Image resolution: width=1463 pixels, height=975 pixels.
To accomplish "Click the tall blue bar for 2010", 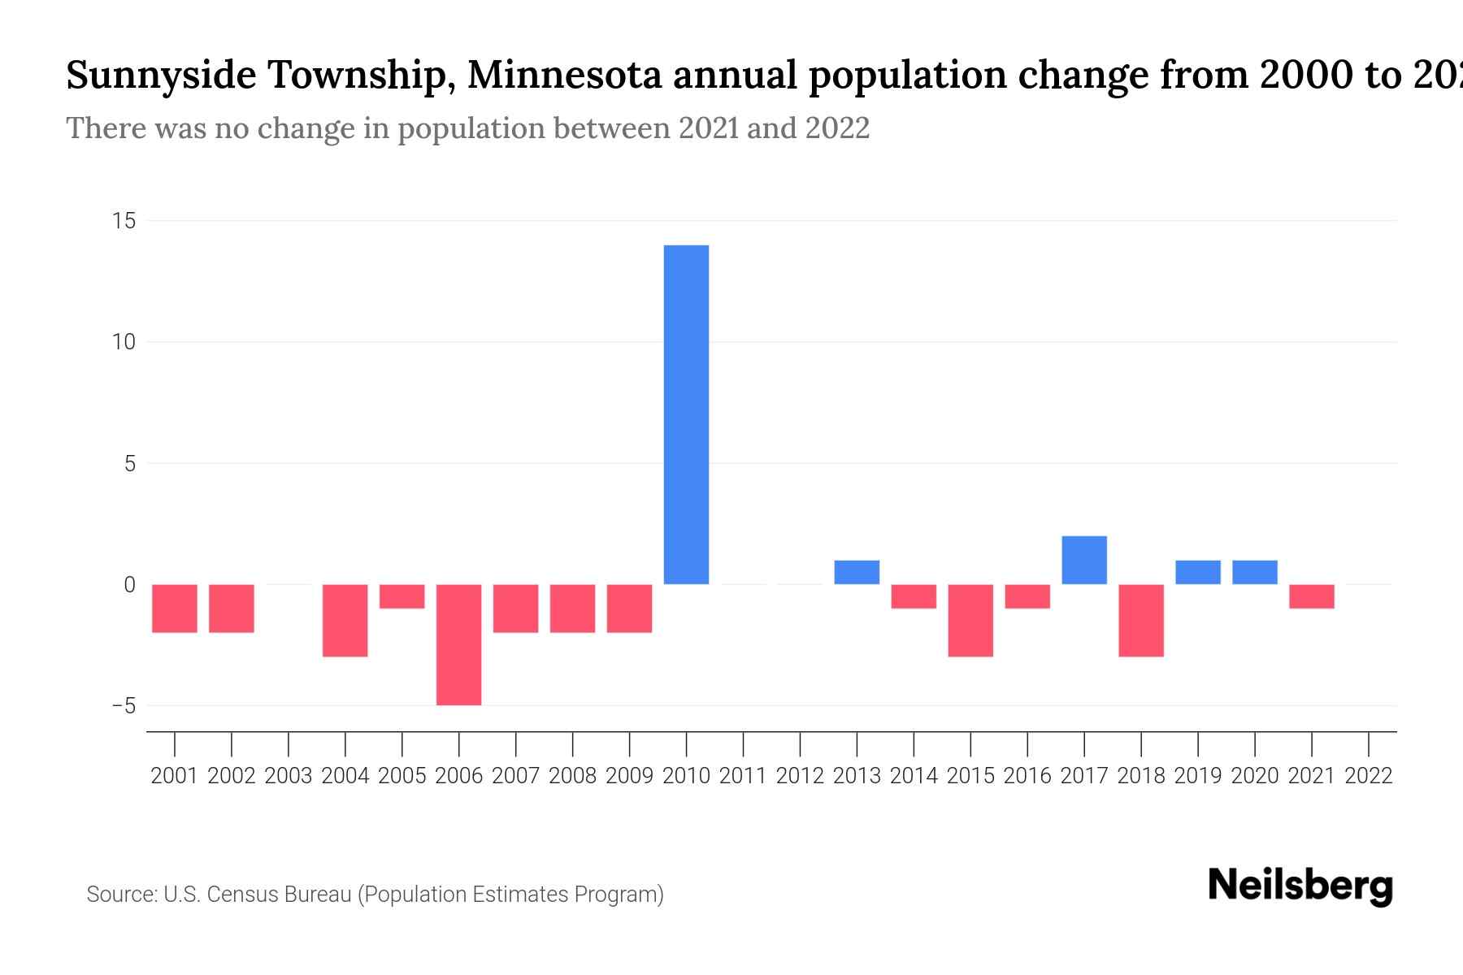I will [x=686, y=414].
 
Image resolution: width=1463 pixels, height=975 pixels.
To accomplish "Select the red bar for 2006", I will [x=458, y=644].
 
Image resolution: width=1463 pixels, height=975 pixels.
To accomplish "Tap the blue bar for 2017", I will [x=1084, y=560].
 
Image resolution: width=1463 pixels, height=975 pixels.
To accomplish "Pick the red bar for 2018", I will [x=1141, y=620].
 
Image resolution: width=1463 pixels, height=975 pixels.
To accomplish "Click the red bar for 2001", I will [x=175, y=608].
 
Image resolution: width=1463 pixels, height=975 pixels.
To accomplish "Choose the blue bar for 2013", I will [x=857, y=572].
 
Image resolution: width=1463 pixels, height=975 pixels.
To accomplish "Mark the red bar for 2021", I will [x=1311, y=596].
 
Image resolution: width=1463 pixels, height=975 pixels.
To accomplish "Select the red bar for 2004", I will [x=345, y=620].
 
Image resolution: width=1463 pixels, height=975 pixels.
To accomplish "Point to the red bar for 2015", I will [x=970, y=620].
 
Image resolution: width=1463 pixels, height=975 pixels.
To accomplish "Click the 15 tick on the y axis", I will [x=124, y=221].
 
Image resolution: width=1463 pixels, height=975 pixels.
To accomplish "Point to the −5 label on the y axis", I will [x=124, y=706].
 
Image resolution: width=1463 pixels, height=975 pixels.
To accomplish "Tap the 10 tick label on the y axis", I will [x=124, y=342].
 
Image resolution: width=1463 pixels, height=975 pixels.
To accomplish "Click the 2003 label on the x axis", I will [x=289, y=776].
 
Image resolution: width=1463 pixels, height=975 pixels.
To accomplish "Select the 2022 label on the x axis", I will [x=1369, y=776].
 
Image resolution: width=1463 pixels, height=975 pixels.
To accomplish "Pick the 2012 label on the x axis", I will [x=800, y=776].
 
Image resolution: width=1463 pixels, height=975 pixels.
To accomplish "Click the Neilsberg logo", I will [x=1300, y=886].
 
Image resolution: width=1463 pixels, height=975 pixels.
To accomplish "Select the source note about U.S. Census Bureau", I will [x=375, y=895].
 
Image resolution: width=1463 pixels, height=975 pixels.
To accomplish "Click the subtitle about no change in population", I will [x=467, y=128].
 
